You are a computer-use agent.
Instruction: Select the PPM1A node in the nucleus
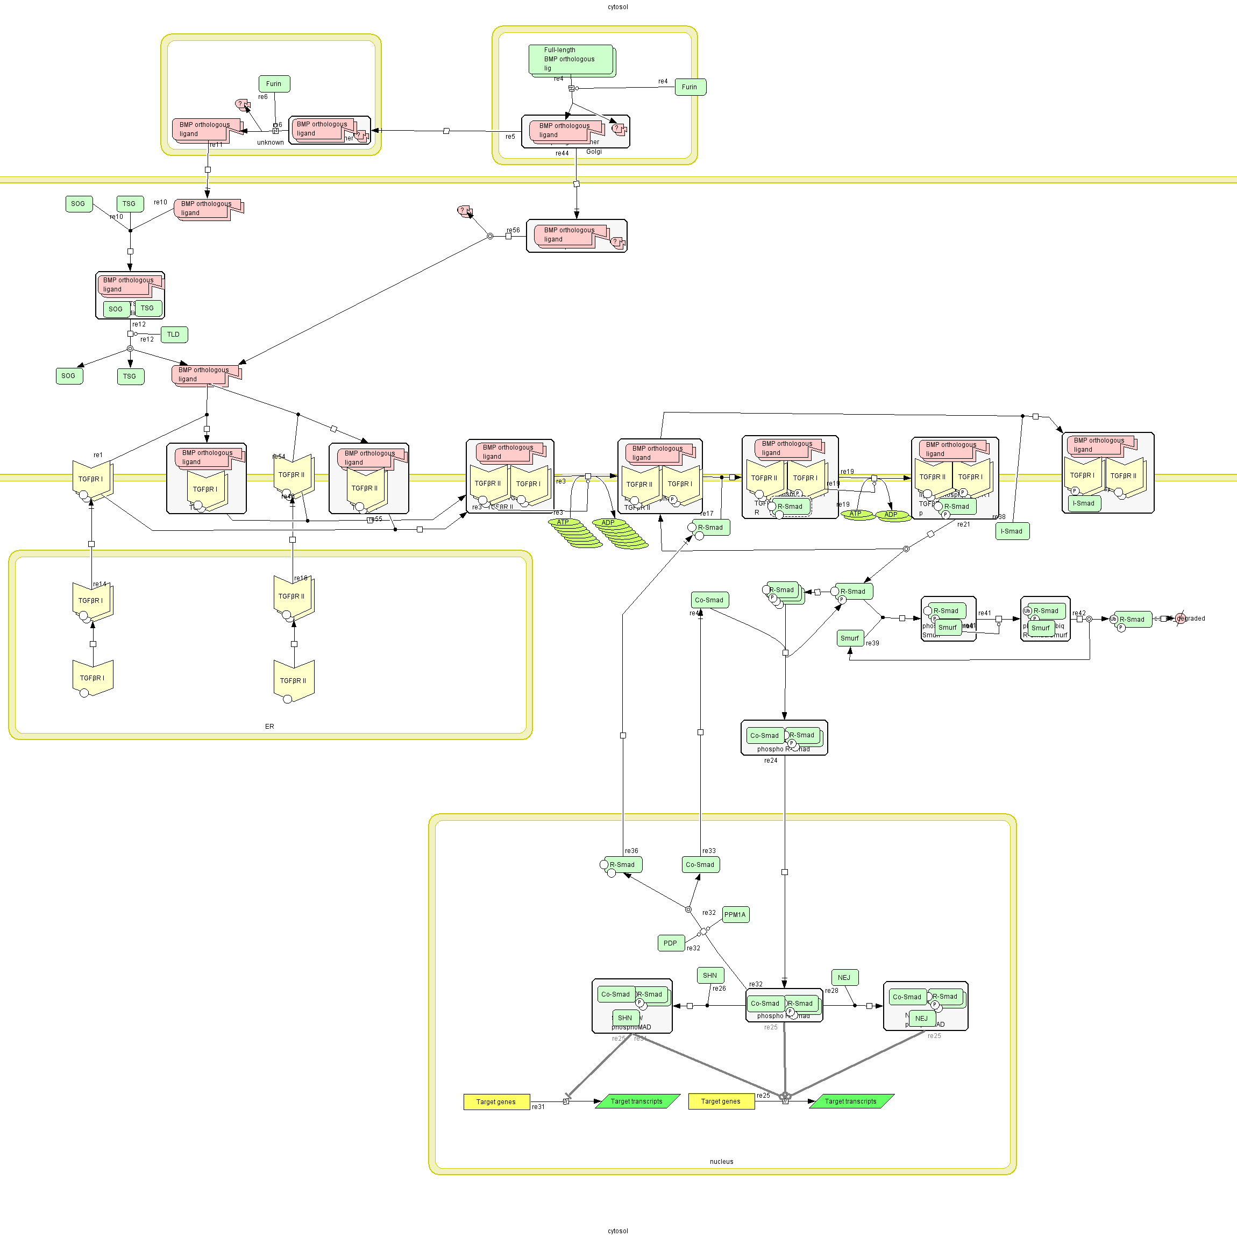tap(735, 915)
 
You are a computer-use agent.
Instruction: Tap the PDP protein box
tap(670, 943)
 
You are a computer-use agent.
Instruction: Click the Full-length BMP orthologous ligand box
tap(571, 60)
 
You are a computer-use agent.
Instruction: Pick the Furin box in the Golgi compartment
tap(689, 87)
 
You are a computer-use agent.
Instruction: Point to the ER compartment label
tap(269, 727)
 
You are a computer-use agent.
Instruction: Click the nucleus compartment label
tap(722, 1162)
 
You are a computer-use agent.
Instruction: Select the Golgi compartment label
tap(594, 152)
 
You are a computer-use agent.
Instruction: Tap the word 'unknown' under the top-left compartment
tap(270, 143)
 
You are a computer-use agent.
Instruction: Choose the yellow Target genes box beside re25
tap(721, 1101)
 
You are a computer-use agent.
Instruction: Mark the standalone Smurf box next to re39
tap(850, 638)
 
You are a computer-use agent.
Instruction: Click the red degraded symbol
tap(1181, 618)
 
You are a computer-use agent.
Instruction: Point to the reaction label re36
tap(631, 851)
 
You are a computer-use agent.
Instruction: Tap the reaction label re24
tap(770, 760)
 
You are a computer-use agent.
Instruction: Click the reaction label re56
tap(514, 230)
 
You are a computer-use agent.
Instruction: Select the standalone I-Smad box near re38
tap(1012, 531)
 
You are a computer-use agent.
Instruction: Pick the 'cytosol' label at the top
tap(618, 7)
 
